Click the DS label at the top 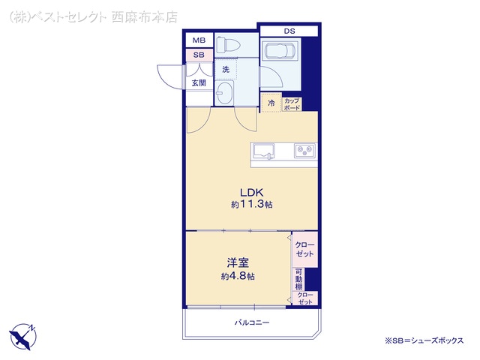coord(289,31)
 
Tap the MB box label coord(199,40)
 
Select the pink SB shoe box coord(199,55)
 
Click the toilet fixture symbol coord(227,45)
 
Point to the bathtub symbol coord(280,50)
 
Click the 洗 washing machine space coord(226,70)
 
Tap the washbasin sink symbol coord(224,92)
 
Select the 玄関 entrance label coord(199,82)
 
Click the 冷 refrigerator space coord(271,103)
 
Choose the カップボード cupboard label coord(292,104)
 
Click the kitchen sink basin coord(263,151)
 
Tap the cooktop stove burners coord(304,151)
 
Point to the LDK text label coord(252,193)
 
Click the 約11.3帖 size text coord(252,205)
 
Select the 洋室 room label coord(238,262)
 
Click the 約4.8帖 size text coord(238,277)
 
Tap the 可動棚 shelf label coord(298,279)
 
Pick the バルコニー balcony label coord(252,322)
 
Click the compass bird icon coord(22,337)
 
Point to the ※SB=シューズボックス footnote coord(424,340)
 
